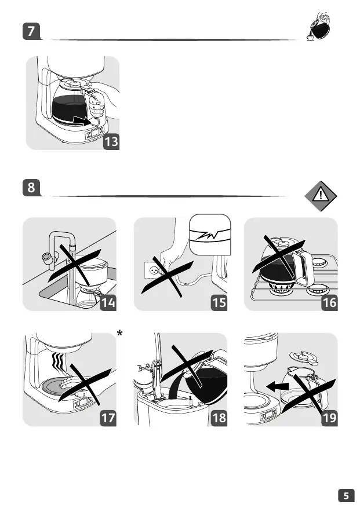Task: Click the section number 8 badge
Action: point(31,188)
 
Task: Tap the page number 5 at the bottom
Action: point(346,496)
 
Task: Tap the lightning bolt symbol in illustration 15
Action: point(210,236)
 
